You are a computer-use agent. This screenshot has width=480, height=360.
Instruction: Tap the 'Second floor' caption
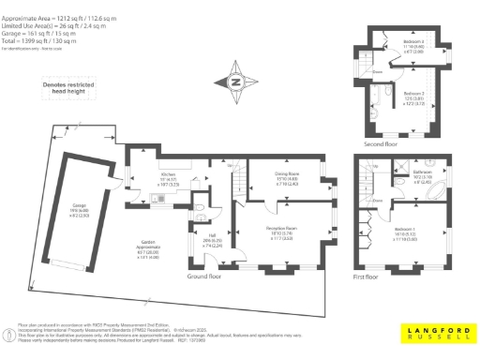pyautogui.click(x=382, y=143)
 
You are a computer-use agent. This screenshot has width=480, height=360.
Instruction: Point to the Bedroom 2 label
pyautogui.click(x=413, y=97)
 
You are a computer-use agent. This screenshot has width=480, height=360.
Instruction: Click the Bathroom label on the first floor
pyautogui.click(x=422, y=174)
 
